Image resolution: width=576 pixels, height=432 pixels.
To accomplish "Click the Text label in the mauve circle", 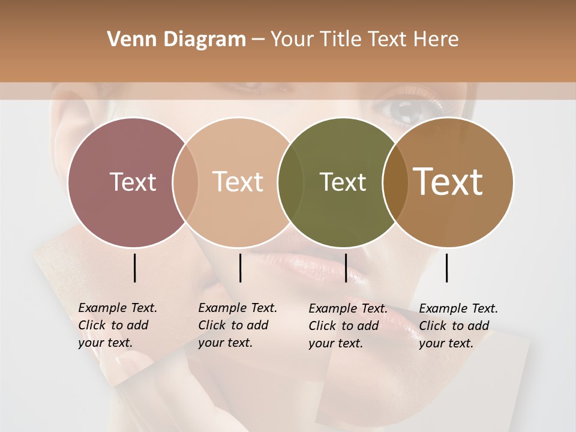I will [133, 182].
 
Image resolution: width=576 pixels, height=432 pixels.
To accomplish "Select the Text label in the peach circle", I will [238, 182].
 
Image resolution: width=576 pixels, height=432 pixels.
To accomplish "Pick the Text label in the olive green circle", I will [343, 182].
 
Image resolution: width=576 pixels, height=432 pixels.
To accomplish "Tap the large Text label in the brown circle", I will [448, 182].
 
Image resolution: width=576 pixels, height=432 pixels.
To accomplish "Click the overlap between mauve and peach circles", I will [185, 182].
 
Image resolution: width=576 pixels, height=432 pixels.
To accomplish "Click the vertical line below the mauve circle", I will [134, 268].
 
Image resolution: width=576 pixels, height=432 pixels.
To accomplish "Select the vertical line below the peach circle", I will [240, 268].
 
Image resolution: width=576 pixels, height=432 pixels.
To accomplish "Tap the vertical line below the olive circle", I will [346, 268].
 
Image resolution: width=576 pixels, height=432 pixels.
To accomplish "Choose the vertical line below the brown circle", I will [446, 268].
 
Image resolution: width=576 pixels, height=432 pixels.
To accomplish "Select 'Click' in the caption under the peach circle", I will [211, 326].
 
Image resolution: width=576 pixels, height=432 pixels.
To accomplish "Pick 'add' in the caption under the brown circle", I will [478, 326].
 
